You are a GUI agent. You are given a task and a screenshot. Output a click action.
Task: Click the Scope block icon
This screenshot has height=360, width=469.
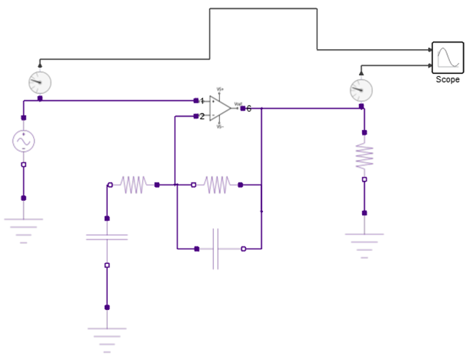[x=447, y=58]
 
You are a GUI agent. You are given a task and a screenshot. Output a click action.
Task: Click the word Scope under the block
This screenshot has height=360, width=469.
[x=447, y=79]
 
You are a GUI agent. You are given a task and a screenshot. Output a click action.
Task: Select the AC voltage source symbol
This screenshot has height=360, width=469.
[x=23, y=140]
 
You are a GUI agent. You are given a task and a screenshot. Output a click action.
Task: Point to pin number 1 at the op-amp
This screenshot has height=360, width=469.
[x=202, y=100]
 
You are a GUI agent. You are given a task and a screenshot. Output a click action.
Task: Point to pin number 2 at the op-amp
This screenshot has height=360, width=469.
[x=202, y=116]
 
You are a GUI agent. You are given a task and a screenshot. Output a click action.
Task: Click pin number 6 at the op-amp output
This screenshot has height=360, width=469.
[x=248, y=109]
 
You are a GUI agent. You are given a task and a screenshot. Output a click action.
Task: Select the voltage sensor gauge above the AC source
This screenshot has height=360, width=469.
[x=40, y=82]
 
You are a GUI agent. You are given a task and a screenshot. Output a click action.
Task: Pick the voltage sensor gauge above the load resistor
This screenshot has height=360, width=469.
[x=361, y=90]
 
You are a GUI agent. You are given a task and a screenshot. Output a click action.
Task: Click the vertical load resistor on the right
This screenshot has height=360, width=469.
[x=364, y=155]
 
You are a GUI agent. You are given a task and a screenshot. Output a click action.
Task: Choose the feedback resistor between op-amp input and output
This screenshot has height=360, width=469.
[x=217, y=185]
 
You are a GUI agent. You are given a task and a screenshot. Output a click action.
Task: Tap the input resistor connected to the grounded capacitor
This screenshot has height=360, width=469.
[x=133, y=185]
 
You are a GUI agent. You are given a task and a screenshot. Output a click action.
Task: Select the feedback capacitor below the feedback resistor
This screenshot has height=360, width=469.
[x=215, y=249]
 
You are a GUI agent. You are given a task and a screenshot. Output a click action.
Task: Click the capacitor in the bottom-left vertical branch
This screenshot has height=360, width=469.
[x=107, y=237]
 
